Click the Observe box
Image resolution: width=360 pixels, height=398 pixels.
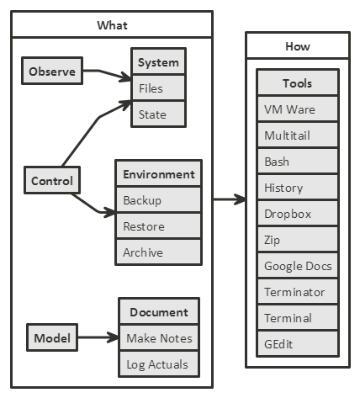point(52,71)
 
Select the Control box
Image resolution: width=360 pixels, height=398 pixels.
point(52,180)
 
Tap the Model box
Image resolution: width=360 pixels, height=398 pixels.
point(52,337)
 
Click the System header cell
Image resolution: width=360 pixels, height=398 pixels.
point(158,61)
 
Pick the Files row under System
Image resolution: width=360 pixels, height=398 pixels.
point(158,88)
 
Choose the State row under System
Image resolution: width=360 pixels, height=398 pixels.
point(158,114)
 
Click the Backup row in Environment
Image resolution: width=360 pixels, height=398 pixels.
point(159,200)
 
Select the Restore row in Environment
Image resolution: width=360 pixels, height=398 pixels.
point(159,226)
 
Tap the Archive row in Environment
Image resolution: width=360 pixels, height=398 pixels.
point(159,252)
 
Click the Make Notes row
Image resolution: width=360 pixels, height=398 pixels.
point(159,338)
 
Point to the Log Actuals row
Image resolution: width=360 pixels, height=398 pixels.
point(159,364)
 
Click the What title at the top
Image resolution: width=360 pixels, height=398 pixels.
point(112,25)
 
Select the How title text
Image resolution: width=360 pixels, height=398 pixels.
point(298,46)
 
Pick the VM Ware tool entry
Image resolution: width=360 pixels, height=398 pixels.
point(298,109)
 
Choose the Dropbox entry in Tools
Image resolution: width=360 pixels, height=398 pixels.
point(298,214)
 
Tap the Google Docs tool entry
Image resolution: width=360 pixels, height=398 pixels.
point(298,266)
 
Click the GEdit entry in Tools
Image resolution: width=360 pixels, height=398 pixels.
point(298,344)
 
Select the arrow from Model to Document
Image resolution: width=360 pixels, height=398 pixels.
point(98,337)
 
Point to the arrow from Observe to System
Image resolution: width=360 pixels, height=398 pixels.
point(107,73)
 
